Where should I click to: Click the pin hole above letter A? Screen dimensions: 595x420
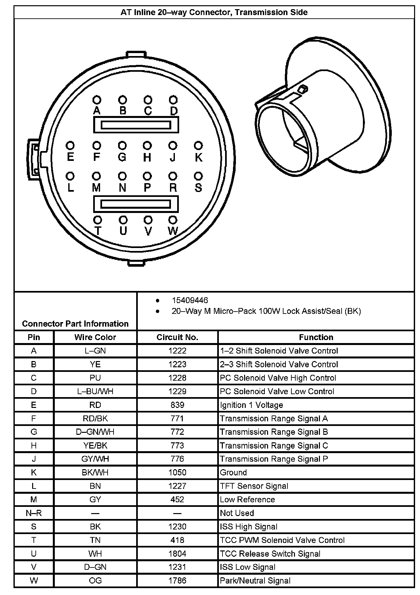point(97,100)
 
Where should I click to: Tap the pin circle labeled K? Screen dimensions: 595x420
point(198,145)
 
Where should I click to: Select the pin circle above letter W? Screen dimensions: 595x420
point(173,220)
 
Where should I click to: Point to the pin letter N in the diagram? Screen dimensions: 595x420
point(122,188)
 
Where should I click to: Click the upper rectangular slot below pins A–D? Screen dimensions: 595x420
point(136,125)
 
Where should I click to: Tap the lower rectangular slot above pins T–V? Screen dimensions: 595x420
point(136,204)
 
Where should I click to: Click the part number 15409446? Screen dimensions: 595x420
point(190,300)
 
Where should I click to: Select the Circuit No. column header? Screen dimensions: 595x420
point(177,337)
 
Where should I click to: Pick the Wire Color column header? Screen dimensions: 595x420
point(95,337)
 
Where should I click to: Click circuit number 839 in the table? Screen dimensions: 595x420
point(177,405)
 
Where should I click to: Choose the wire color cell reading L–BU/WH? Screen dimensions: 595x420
point(95,392)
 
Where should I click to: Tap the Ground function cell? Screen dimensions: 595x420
point(233,472)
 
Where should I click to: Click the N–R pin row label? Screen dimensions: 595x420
point(34,513)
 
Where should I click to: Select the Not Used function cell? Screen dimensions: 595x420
point(237,513)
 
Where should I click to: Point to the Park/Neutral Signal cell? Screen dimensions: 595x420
point(255,581)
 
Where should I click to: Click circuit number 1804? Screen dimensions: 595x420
point(177,554)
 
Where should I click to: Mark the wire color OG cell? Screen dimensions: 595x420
point(95,581)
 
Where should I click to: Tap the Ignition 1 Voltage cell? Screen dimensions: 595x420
point(251,405)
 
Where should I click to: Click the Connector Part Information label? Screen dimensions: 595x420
point(75,324)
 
